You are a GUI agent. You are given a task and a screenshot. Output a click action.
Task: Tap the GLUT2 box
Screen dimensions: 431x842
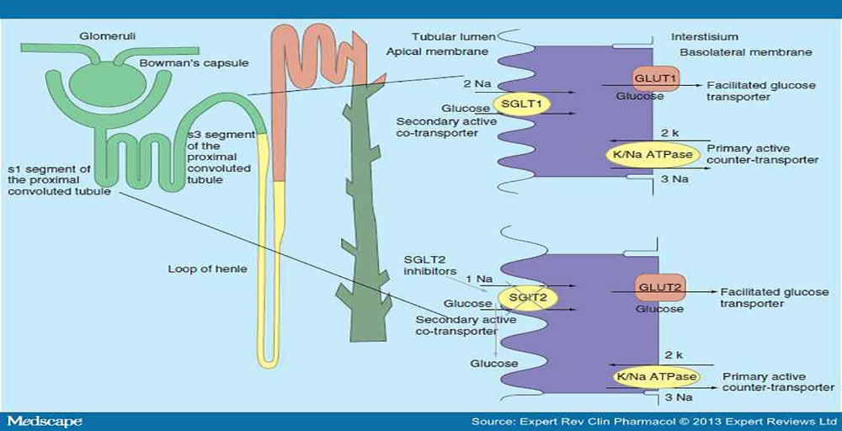(x=659, y=288)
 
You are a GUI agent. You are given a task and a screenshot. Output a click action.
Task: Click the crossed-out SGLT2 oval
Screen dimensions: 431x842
(x=527, y=297)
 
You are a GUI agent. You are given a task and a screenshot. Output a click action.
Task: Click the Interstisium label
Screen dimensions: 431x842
(x=705, y=37)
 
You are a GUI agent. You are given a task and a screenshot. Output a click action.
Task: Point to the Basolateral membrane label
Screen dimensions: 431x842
(x=746, y=52)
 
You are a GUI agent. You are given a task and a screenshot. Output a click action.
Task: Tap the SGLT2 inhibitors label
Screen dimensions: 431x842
(x=430, y=265)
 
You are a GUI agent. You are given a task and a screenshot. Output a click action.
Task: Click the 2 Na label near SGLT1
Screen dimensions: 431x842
(x=477, y=84)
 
